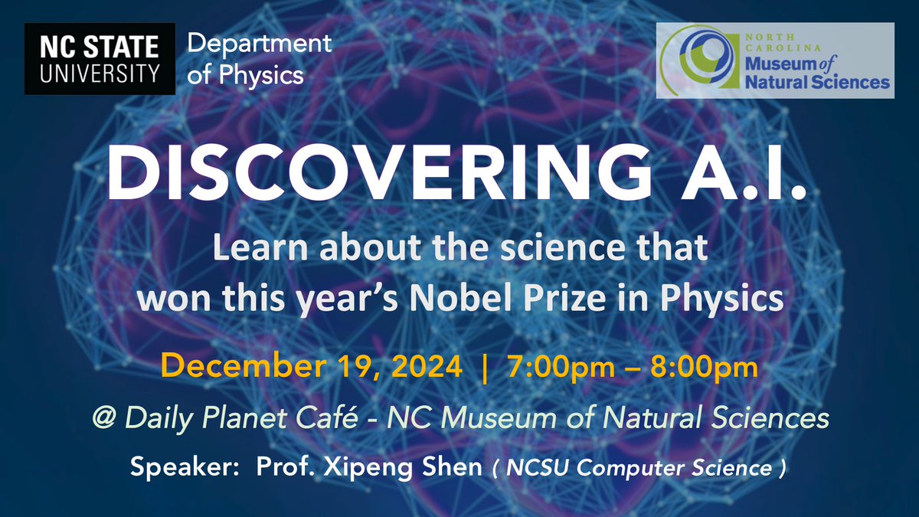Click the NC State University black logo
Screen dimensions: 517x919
coord(94,58)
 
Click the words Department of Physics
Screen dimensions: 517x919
coord(260,58)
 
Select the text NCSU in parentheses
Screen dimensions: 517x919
coord(525,468)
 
